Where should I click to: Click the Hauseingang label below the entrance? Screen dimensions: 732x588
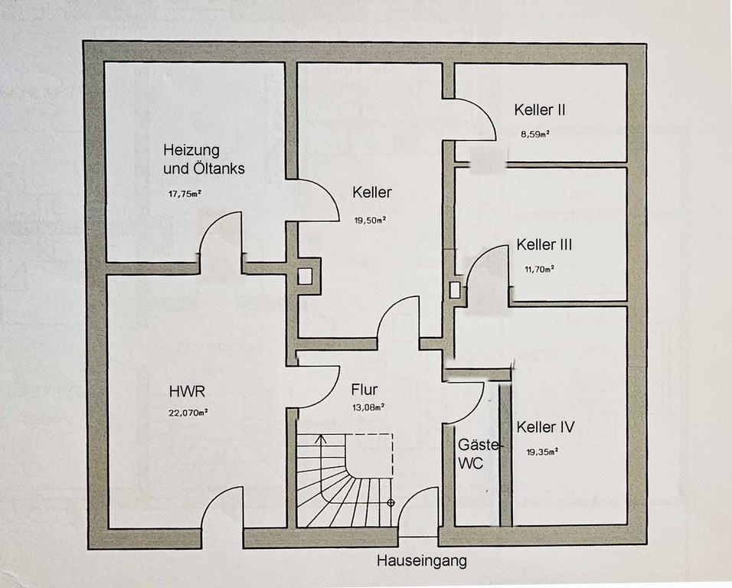pos(422,560)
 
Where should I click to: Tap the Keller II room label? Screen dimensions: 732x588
pos(540,110)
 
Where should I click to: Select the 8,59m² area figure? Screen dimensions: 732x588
pos(535,135)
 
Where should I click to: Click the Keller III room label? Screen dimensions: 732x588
pos(544,244)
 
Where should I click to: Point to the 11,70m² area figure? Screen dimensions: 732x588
pos(539,269)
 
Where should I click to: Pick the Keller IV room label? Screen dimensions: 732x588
pos(545,427)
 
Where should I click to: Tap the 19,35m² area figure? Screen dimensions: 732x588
pos(542,452)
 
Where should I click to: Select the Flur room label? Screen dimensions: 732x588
pos(364,390)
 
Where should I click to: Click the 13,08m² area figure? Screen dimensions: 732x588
pos(368,407)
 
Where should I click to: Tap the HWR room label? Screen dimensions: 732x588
pos(187,391)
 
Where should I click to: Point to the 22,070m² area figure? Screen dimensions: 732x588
pos(188,413)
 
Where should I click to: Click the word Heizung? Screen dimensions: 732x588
pos(191,150)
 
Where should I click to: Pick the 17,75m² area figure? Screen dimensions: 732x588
pos(185,194)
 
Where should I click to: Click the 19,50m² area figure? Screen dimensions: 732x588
pos(370,220)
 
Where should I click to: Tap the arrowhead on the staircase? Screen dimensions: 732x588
pos(320,439)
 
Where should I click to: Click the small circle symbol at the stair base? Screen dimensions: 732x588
pos(391,503)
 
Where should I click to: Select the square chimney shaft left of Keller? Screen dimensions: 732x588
pos(305,276)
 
